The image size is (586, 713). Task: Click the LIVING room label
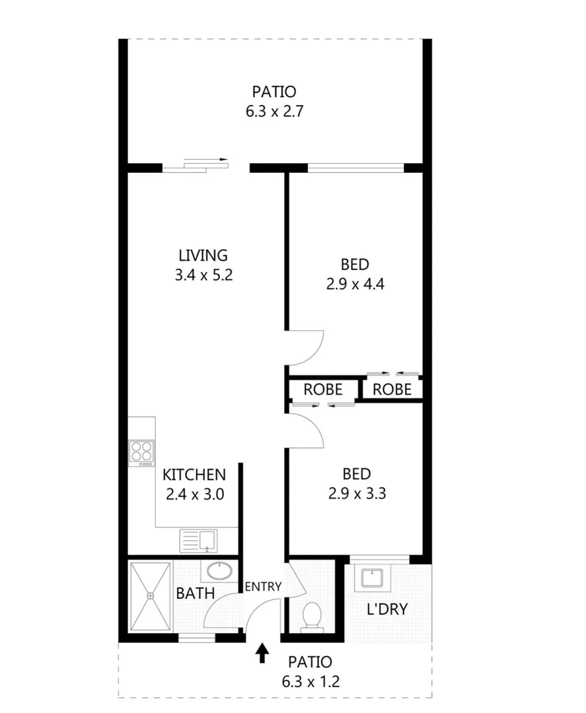pyautogui.click(x=203, y=255)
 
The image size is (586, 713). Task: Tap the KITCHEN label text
pyautogui.click(x=194, y=474)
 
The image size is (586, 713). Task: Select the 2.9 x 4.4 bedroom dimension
pyautogui.click(x=355, y=285)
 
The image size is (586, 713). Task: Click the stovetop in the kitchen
pyautogui.click(x=141, y=453)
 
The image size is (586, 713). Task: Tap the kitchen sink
pyautogui.click(x=198, y=541)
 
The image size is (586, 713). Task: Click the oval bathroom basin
pyautogui.click(x=217, y=570)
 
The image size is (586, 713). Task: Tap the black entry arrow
pyautogui.click(x=263, y=653)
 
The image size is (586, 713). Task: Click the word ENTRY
pyautogui.click(x=263, y=586)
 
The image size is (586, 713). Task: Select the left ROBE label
pyautogui.click(x=323, y=390)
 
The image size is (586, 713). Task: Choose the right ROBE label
pyautogui.click(x=392, y=390)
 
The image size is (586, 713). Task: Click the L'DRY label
pyautogui.click(x=387, y=609)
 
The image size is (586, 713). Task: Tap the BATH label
pyautogui.click(x=195, y=594)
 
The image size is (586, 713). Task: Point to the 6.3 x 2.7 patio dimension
pyautogui.click(x=274, y=112)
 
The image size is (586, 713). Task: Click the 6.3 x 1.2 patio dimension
pyautogui.click(x=310, y=681)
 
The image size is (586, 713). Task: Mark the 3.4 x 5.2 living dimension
pyautogui.click(x=203, y=275)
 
